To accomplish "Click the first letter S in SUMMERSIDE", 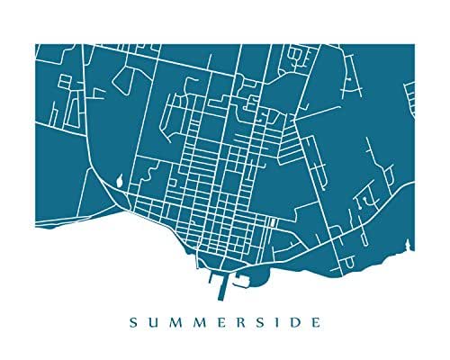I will [x=133, y=319].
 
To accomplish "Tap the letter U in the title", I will [x=156, y=319].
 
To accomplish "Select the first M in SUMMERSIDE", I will [x=178, y=319].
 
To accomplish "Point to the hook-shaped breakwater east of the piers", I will [x=241, y=280].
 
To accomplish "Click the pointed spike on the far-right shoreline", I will [x=409, y=241].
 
